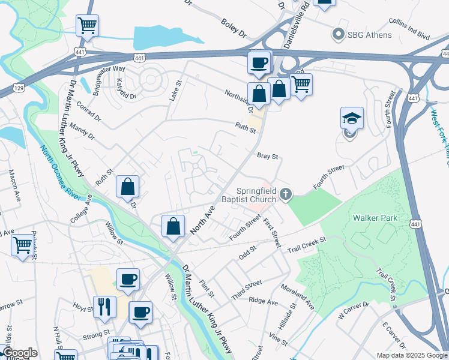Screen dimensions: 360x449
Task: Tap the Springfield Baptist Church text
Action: tap(249, 191)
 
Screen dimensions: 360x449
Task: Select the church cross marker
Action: tap(286, 194)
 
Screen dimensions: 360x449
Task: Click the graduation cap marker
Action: tap(352, 118)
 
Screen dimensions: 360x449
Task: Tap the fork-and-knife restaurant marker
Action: tap(104, 307)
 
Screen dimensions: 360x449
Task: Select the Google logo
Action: tap(19, 353)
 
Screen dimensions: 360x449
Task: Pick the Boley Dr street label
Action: tap(234, 26)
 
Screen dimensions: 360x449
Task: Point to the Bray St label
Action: tap(268, 156)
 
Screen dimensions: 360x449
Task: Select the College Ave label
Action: tap(80, 208)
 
